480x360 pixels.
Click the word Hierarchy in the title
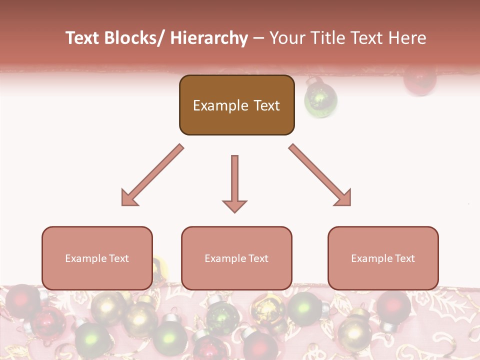tap(209, 38)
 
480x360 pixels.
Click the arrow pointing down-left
tap(152, 175)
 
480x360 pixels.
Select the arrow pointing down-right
tap(320, 175)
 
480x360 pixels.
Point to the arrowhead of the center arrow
tap(234, 206)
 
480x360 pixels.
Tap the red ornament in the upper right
tap(420, 80)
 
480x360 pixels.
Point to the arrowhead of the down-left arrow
tap(128, 198)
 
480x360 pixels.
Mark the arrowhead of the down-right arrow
tap(343, 198)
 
